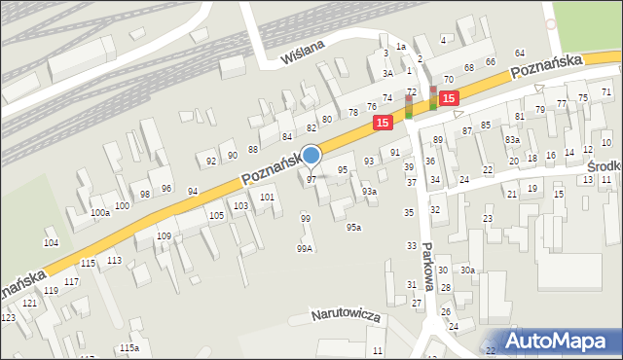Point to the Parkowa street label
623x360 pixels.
tap(426, 267)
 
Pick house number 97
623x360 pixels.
tap(311, 180)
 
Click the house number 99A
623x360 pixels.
tap(305, 249)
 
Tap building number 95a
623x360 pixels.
tap(353, 228)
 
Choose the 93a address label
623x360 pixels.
tap(369, 192)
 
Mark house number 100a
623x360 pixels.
tap(99, 213)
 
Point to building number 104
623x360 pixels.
tap(51, 242)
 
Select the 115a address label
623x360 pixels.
tap(128, 348)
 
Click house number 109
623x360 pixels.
tap(165, 236)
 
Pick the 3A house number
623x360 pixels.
tap(387, 73)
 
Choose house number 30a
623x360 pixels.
tap(468, 270)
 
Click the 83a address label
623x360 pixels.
tap(512, 140)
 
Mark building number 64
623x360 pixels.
tap(519, 53)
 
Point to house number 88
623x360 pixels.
tap(252, 149)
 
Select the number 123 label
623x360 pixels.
tap(8, 318)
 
